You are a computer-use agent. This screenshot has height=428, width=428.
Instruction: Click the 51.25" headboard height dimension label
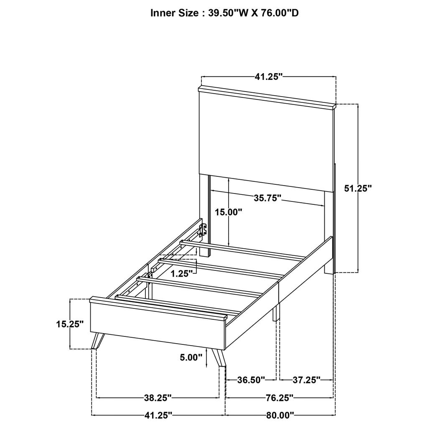click(358, 189)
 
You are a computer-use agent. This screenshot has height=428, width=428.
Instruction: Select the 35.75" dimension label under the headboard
click(267, 198)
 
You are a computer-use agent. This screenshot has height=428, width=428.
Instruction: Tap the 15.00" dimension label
click(229, 212)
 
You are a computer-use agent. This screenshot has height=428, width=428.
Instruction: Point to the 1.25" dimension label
click(181, 273)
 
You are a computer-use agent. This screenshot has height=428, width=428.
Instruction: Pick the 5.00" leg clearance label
click(191, 357)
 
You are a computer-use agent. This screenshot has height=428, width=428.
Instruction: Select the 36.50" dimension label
click(251, 380)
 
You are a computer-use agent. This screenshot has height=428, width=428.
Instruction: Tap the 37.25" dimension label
click(306, 380)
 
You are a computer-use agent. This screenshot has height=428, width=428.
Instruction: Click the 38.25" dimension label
click(158, 397)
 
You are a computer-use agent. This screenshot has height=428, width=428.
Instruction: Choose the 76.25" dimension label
click(279, 397)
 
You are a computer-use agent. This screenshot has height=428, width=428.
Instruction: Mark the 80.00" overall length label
click(280, 415)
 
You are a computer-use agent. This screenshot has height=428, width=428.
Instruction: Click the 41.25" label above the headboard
click(269, 76)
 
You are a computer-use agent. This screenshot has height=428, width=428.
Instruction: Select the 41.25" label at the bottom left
click(158, 415)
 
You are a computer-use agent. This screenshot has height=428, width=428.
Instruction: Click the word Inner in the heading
click(163, 13)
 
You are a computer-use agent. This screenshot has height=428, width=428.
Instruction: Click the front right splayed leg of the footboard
click(219, 358)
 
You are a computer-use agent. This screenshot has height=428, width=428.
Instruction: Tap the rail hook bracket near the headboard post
click(204, 229)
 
